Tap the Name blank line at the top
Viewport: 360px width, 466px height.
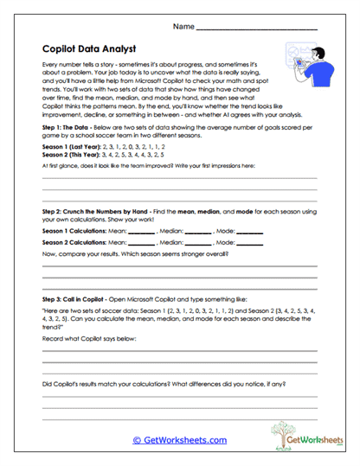pyautogui.click(x=257, y=29)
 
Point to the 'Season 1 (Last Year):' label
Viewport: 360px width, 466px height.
pyautogui.click(x=71, y=150)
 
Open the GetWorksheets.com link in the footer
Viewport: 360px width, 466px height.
pyautogui.click(x=179, y=439)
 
